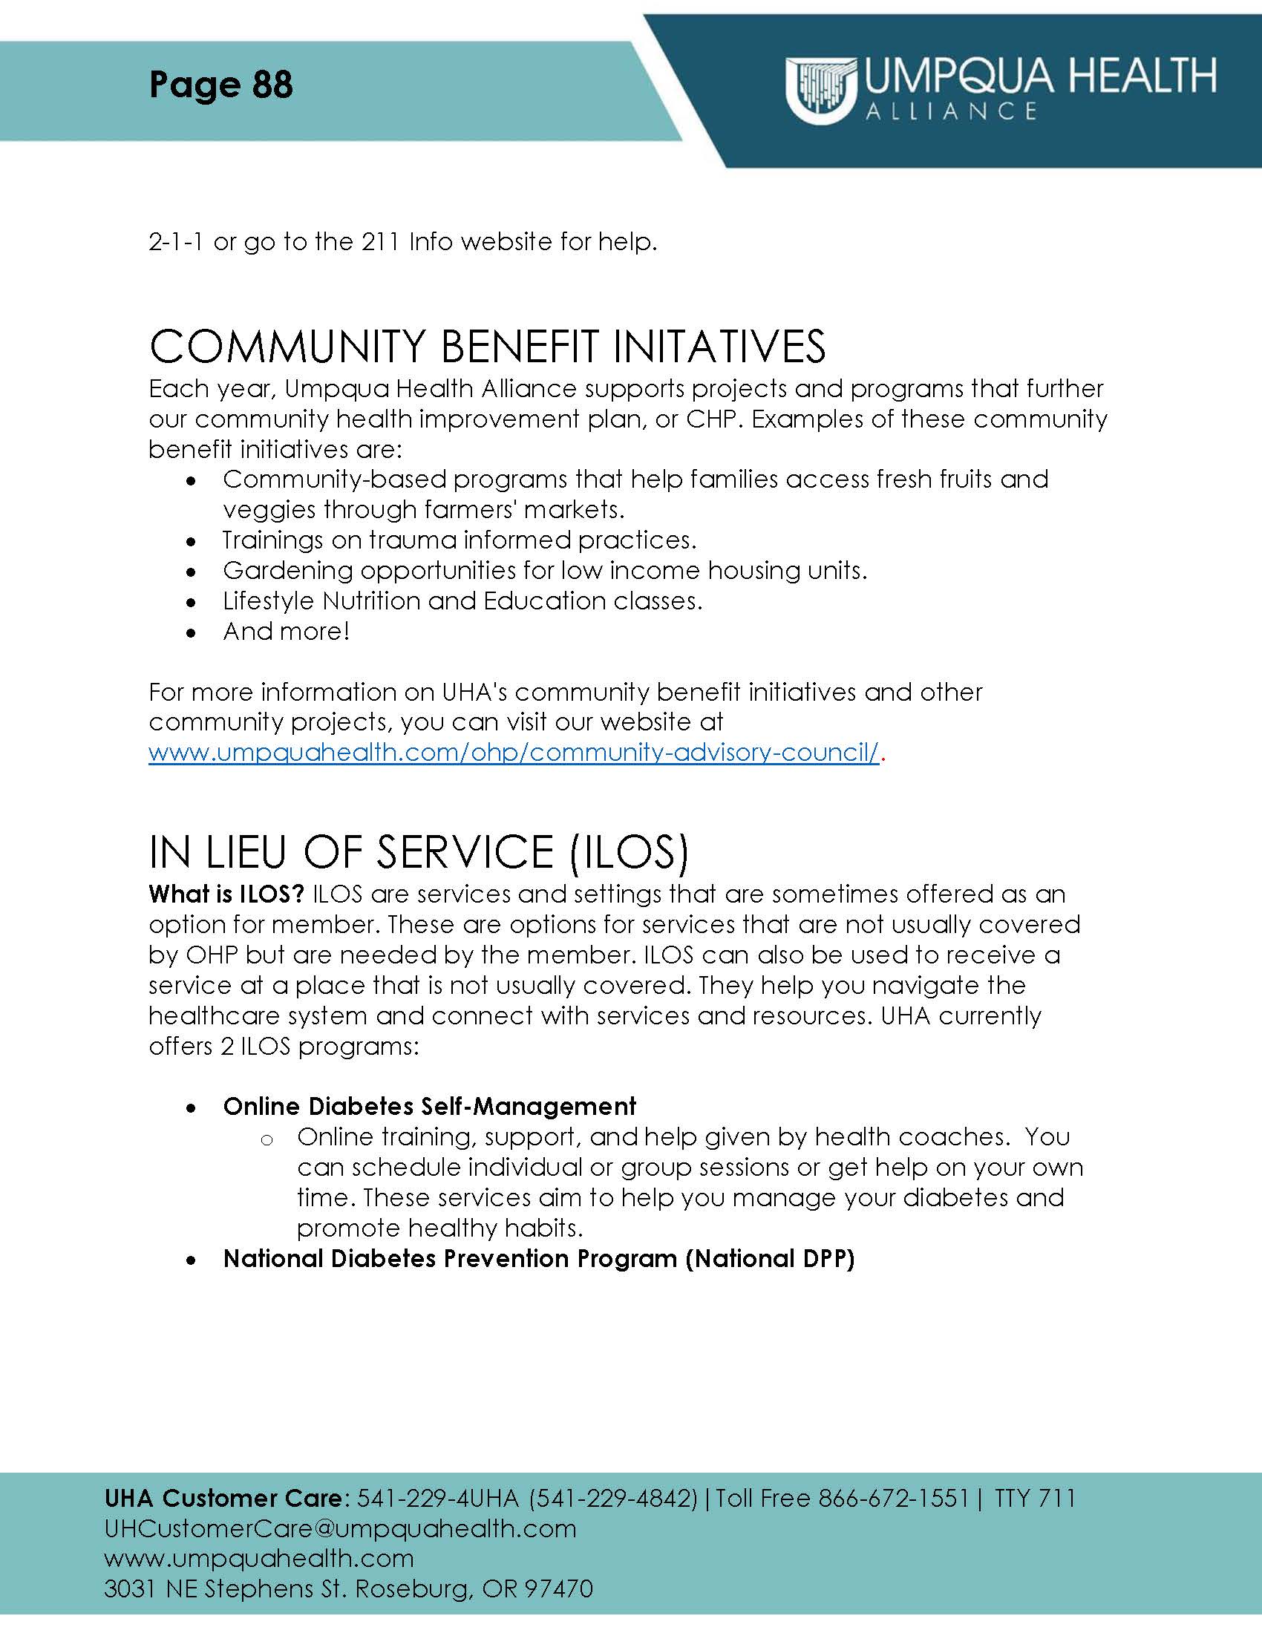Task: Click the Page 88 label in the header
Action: [x=220, y=85]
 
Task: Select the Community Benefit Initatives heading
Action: [x=487, y=347]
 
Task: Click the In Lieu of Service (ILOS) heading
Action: [x=418, y=852]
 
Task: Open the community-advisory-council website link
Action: [x=513, y=752]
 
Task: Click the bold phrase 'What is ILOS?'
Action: [x=226, y=894]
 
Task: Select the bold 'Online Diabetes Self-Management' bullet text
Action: [x=429, y=1107]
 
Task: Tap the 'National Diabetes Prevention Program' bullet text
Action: [x=538, y=1259]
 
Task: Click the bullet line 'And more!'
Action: [x=286, y=632]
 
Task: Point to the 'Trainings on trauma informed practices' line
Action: [x=459, y=540]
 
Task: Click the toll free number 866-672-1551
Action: [x=893, y=1499]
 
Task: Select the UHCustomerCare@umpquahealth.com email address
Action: [x=340, y=1528]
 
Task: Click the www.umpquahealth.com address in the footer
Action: [x=258, y=1558]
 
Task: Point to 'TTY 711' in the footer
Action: [x=1035, y=1499]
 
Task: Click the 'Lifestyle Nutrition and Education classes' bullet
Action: [x=462, y=601]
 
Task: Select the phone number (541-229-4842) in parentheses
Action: [x=613, y=1499]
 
